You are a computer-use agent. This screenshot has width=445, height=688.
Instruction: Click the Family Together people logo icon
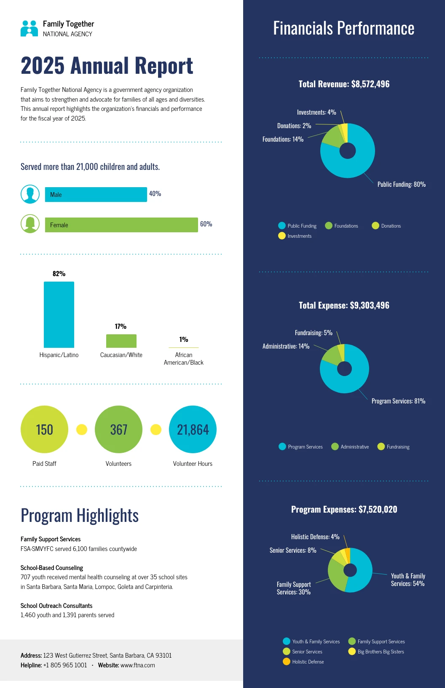pyautogui.click(x=29, y=28)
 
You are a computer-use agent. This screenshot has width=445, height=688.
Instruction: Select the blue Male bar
pyautogui.click(x=96, y=194)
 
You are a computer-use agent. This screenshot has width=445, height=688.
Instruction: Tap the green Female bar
pyautogui.click(x=121, y=225)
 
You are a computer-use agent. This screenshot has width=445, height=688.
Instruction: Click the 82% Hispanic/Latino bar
pyautogui.click(x=59, y=314)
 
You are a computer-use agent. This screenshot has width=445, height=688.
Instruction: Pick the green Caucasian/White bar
pyautogui.click(x=121, y=341)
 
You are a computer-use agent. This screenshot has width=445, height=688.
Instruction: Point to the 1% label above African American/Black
pyautogui.click(x=184, y=339)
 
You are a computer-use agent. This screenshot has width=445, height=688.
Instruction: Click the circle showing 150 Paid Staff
pyautogui.click(x=44, y=429)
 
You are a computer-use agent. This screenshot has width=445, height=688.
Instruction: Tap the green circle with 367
pyautogui.click(x=118, y=429)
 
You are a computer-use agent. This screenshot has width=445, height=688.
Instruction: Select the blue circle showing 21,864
pyautogui.click(x=193, y=429)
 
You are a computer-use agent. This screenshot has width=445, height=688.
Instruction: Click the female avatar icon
pyautogui.click(x=30, y=224)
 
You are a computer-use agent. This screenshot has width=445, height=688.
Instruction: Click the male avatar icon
pyautogui.click(x=30, y=194)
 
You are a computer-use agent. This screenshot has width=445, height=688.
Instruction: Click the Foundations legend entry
pyautogui.click(x=342, y=226)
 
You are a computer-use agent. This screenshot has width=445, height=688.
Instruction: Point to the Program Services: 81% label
pyautogui.click(x=398, y=401)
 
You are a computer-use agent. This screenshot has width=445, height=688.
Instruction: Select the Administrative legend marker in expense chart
pyautogui.click(x=335, y=446)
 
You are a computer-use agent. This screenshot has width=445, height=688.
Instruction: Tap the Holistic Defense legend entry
pyautogui.click(x=303, y=662)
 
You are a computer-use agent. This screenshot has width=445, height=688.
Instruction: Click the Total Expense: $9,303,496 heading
pyautogui.click(x=344, y=305)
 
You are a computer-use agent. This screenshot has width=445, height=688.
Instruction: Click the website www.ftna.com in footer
pyautogui.click(x=137, y=665)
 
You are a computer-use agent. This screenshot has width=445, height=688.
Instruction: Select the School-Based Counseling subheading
pyautogui.click(x=52, y=568)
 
